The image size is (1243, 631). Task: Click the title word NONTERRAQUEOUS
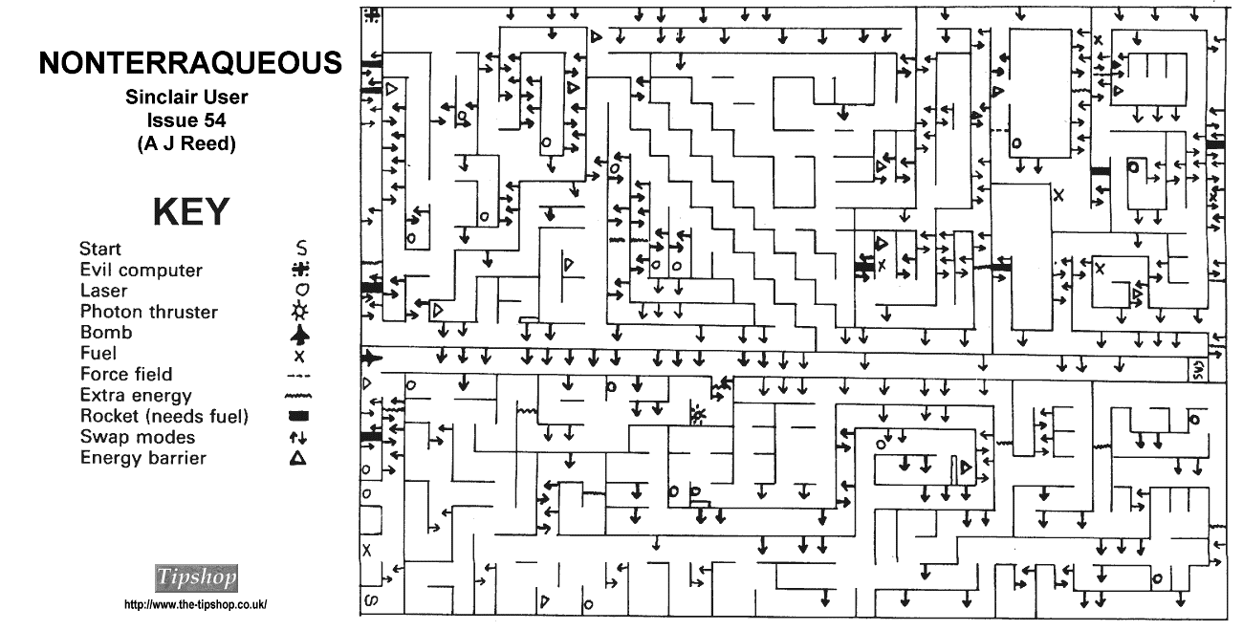190,63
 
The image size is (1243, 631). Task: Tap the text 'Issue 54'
186,120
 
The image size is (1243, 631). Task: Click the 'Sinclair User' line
186,97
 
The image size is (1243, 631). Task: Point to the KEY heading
190,212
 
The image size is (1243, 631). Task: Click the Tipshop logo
196,577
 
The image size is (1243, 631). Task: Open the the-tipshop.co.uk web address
195,604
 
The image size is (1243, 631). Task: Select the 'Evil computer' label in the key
142,271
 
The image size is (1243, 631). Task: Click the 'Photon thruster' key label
149,312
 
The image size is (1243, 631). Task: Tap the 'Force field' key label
126,375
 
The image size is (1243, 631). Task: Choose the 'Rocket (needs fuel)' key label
164,417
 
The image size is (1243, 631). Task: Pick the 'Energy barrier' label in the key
143,458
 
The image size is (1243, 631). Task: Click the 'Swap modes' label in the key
138,437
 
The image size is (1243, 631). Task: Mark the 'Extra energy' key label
136,396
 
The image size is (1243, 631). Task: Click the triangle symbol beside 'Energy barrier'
299,459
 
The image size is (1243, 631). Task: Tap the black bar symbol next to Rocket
299,417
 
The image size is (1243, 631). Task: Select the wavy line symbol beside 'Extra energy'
299,396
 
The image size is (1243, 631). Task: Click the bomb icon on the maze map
372,359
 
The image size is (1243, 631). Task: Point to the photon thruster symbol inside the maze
698,414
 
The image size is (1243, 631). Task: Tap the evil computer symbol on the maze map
372,15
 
